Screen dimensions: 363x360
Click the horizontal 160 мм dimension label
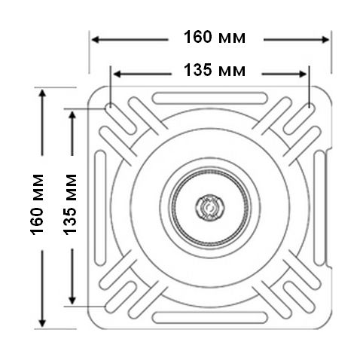coord(215,37)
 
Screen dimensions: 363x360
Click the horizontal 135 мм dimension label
coord(215,70)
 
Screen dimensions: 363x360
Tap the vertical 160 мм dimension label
coord(37,204)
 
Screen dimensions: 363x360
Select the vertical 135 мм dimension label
coord(69,204)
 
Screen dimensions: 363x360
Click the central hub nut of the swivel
coord(210,207)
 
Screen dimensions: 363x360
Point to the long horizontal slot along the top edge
coord(210,98)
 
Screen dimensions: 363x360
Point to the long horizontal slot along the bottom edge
coord(210,318)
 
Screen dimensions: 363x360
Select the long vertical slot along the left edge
coord(100,208)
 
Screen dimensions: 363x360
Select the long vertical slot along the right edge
coord(319,208)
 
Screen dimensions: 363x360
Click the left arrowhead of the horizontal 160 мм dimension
coord(95,40)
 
